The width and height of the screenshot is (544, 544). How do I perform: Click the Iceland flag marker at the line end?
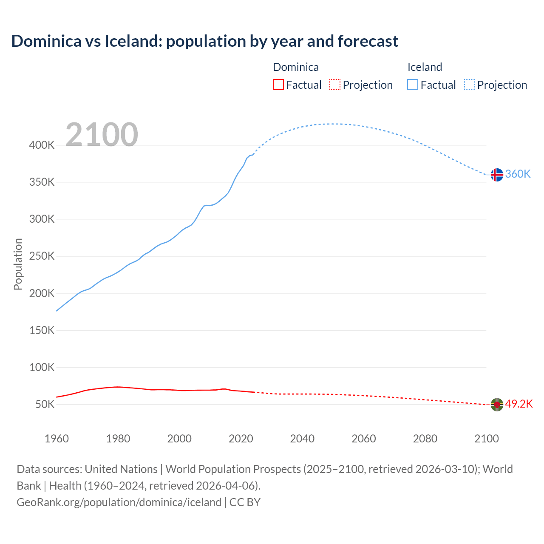[496, 175]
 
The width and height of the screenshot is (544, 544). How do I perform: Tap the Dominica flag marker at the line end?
[496, 405]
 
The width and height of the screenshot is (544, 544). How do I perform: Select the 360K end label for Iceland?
[518, 174]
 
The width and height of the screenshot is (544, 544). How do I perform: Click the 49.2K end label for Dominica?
[518, 404]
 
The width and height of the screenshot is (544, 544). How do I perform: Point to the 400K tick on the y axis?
[42, 145]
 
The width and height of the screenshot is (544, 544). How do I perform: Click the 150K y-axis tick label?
[42, 330]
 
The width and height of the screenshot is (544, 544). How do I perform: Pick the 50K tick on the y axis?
[45, 405]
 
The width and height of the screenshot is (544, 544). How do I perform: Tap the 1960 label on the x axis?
[57, 439]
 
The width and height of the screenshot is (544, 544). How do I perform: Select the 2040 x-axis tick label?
[302, 439]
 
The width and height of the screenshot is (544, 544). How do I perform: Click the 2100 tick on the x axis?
[486, 439]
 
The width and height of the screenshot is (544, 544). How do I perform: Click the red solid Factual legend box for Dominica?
[278, 85]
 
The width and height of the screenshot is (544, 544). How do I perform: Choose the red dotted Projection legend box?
[335, 85]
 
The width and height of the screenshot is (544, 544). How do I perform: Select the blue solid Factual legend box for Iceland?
[413, 85]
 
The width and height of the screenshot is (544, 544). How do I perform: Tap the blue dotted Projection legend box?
[469, 85]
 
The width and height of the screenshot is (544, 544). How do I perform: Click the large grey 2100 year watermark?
[102, 135]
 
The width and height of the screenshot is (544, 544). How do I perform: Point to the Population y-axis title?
[18, 264]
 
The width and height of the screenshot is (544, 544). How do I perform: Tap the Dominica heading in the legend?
[295, 67]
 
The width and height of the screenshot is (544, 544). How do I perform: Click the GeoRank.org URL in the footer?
[119, 502]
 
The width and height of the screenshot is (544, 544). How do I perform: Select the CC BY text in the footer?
[245, 502]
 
